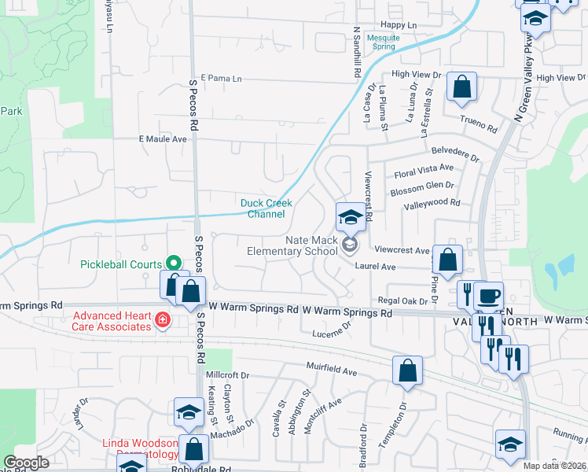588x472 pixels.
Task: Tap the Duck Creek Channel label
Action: point(266,208)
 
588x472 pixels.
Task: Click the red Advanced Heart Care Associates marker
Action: point(162,320)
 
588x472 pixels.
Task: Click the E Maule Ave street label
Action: point(163,138)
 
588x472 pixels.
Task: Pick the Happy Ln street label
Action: point(399,25)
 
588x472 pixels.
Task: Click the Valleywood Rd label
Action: point(432,202)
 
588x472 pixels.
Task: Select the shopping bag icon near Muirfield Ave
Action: point(407,371)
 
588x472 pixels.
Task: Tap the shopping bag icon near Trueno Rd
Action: point(461,87)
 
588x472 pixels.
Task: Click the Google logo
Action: point(26,463)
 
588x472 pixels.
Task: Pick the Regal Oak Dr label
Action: point(407,301)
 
